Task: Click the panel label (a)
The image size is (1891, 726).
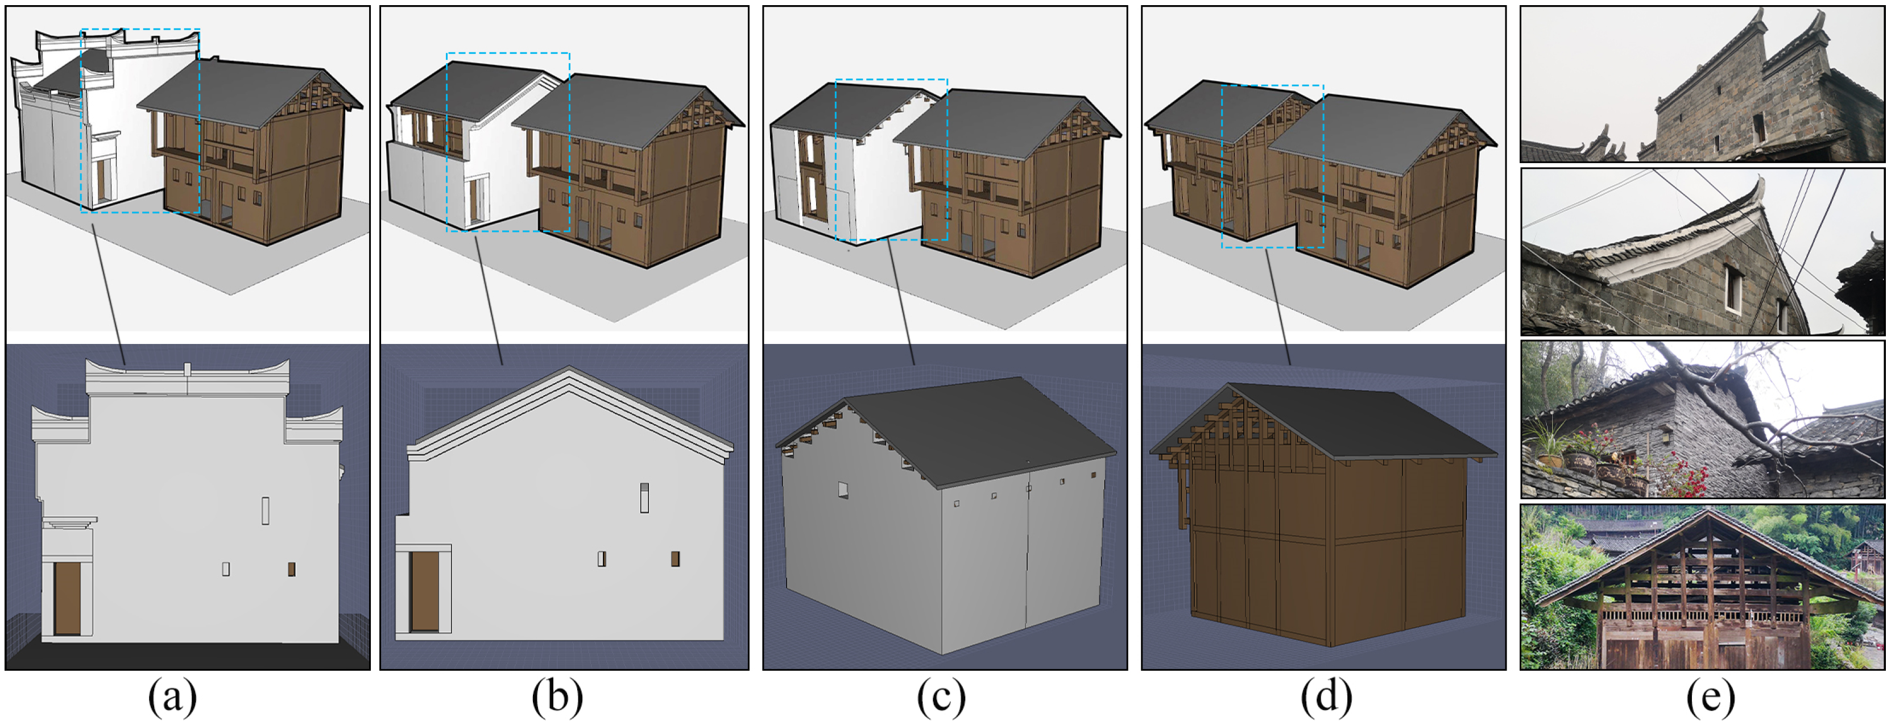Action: (172, 698)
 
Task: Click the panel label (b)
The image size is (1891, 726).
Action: (557, 698)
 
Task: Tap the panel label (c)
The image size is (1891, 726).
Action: (941, 698)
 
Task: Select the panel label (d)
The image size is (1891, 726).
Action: (1326, 698)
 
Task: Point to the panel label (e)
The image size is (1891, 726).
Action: (1710, 698)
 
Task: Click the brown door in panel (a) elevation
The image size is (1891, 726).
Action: (68, 598)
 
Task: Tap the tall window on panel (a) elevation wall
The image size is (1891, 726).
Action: (265, 511)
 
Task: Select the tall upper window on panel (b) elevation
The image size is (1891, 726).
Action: (644, 497)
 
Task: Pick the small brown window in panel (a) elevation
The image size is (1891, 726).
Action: (291, 569)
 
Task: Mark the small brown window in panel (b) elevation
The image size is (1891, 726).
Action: (676, 559)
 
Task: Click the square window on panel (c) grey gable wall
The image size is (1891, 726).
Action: (843, 489)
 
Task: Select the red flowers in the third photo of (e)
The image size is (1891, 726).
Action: (1689, 470)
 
